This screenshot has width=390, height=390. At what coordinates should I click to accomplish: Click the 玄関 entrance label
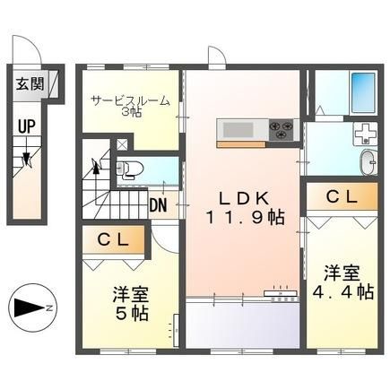(x=30, y=84)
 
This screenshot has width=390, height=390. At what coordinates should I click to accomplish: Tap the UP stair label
(x=27, y=126)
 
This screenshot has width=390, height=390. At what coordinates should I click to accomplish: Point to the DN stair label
(x=158, y=205)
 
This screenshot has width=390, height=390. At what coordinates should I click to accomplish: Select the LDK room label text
(x=243, y=198)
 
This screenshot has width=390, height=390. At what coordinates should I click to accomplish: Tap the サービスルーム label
(x=131, y=101)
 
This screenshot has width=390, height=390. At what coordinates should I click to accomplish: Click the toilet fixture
(x=129, y=169)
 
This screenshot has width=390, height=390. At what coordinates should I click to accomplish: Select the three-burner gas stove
(x=281, y=130)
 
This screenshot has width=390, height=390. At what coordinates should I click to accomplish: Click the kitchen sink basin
(x=238, y=130)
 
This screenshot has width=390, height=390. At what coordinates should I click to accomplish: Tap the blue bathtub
(x=363, y=93)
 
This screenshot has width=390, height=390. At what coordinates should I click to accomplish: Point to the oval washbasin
(x=368, y=162)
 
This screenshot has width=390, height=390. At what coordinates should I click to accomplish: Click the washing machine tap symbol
(x=365, y=134)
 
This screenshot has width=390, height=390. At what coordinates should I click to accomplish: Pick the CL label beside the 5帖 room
(x=113, y=239)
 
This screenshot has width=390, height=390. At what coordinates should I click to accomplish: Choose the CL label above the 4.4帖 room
(x=342, y=197)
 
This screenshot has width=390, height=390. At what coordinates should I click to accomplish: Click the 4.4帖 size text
(x=342, y=292)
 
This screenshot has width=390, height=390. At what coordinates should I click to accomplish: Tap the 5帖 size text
(x=132, y=313)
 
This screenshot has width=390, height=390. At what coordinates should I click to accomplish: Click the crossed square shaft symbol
(x=121, y=144)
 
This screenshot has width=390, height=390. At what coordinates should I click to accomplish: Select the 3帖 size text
(x=132, y=112)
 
